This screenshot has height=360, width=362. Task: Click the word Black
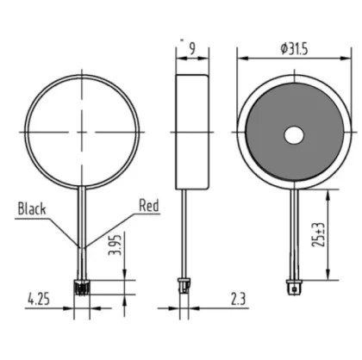[32, 209]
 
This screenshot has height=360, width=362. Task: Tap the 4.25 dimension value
[38, 301]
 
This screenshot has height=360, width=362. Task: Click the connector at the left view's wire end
[82, 287]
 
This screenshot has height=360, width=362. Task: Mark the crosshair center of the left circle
[83, 131]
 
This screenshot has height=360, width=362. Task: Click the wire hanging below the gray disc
[294, 233]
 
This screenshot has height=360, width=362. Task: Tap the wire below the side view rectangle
[184, 233]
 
